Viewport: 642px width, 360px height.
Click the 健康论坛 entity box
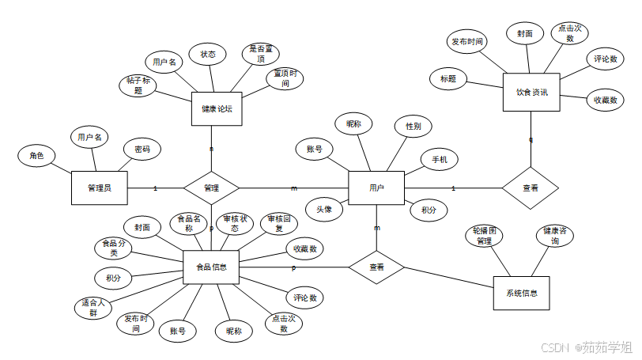click(x=216, y=109)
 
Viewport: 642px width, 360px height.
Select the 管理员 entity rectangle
click(x=100, y=188)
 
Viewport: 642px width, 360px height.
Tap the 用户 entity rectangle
click(x=376, y=188)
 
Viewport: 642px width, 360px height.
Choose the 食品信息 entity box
click(x=211, y=267)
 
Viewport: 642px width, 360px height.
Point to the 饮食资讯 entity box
click(x=531, y=93)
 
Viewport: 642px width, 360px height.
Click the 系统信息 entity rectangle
click(x=521, y=293)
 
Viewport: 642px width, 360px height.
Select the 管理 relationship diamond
click(x=211, y=188)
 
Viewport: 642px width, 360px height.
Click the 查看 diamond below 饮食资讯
click(x=531, y=188)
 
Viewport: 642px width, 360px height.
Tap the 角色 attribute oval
click(x=36, y=156)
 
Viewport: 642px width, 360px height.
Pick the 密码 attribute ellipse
click(x=142, y=150)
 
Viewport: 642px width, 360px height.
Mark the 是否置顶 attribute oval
click(x=260, y=55)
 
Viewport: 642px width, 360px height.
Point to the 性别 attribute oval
click(x=414, y=126)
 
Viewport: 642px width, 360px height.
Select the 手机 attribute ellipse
click(x=439, y=160)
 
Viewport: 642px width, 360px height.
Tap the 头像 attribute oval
click(x=324, y=209)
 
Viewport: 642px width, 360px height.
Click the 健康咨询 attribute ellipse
click(x=556, y=236)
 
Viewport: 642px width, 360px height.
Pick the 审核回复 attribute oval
click(x=279, y=224)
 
